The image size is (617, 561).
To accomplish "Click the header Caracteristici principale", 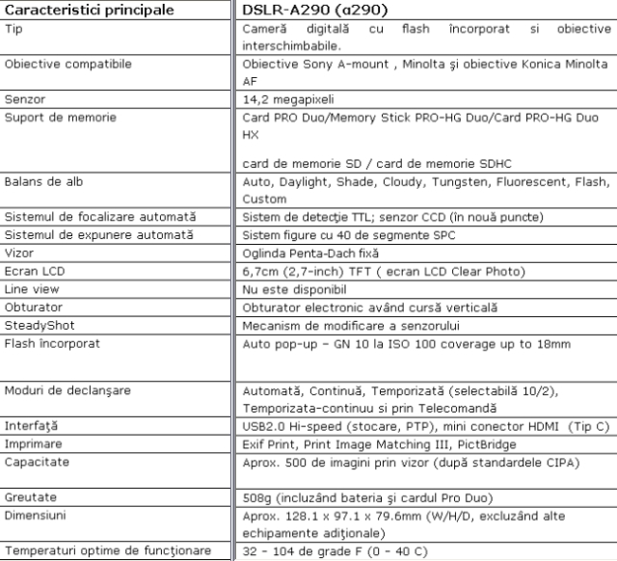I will (x=90, y=11).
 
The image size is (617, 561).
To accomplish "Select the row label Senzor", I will (x=25, y=98).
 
